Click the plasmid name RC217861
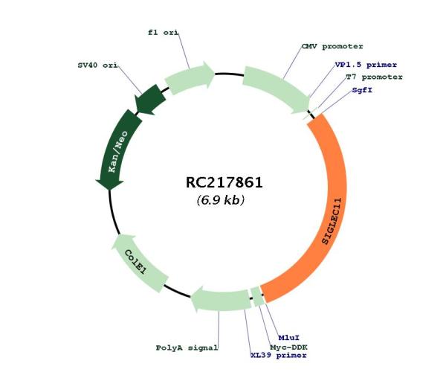(224, 182)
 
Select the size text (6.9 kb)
(221, 200)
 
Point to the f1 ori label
(163, 33)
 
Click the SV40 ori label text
(97, 65)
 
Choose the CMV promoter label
(332, 46)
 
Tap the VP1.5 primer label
(366, 65)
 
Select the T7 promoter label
(375, 77)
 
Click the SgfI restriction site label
(362, 90)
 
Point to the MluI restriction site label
(288, 338)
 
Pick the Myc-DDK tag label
(288, 347)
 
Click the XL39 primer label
(279, 356)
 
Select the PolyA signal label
(187, 347)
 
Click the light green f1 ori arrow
(189, 77)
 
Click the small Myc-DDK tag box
(258, 296)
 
